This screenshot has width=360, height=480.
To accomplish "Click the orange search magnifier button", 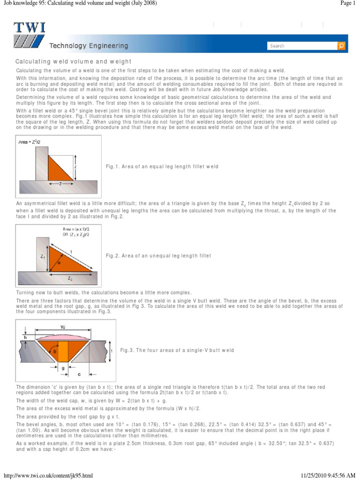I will (341, 46).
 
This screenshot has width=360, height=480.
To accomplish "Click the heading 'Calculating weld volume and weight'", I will (74, 62).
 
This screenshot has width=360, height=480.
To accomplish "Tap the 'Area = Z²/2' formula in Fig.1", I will (30, 142).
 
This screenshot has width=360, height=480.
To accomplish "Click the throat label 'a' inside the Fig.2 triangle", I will (60, 263).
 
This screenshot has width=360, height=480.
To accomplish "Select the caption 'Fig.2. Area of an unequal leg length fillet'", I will (159, 256).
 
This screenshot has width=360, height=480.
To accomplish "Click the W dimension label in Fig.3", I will (62, 327).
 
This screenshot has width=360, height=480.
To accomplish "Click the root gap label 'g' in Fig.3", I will (62, 368).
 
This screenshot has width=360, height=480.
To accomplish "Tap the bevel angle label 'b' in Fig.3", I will (55, 350).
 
